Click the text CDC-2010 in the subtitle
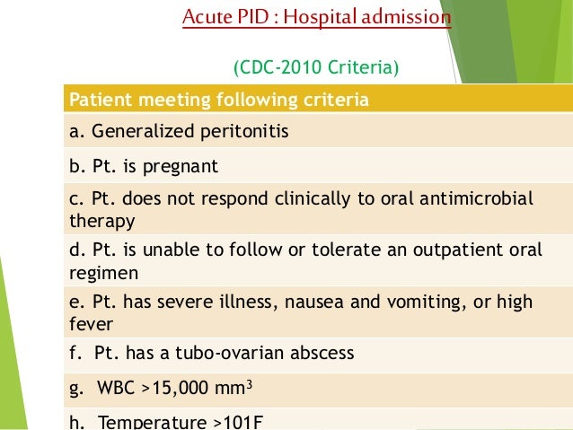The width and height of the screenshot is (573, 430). [x=280, y=67]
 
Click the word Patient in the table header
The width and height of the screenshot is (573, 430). [x=96, y=100]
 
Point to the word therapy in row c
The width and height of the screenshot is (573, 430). [x=101, y=219]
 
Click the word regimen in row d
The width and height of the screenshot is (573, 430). [x=101, y=270]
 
